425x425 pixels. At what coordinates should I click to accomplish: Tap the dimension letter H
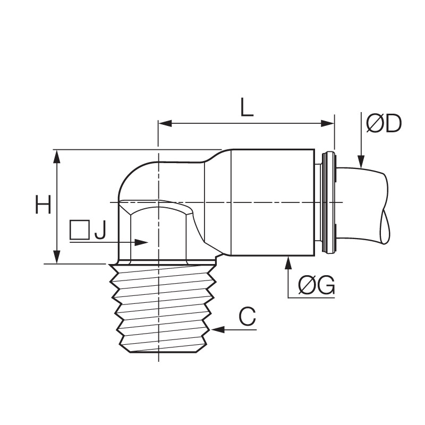(x=43, y=205)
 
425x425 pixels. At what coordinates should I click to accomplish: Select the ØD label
(x=384, y=124)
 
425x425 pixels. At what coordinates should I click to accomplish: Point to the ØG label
(x=316, y=286)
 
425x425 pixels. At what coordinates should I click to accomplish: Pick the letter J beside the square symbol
(x=100, y=230)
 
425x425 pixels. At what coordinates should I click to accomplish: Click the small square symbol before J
(x=80, y=230)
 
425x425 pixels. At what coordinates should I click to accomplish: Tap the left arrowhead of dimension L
(x=165, y=124)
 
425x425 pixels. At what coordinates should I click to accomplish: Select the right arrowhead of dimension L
(x=327, y=124)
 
